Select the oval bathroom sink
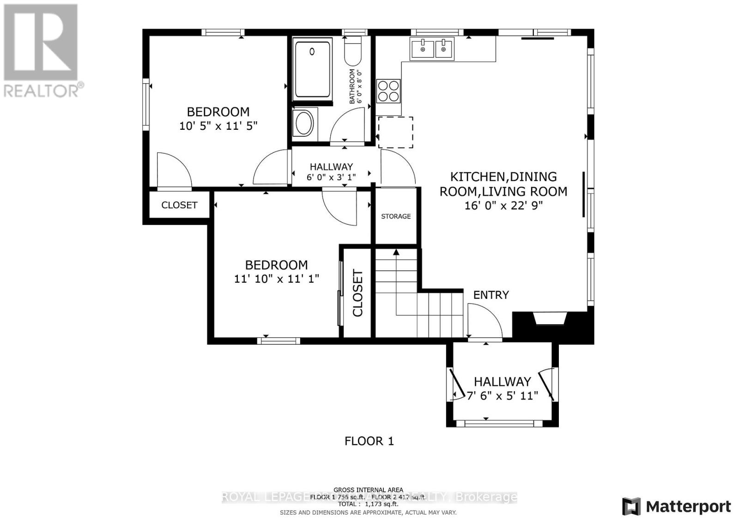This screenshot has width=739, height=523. tap(304, 123)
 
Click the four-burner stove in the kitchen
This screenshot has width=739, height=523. tap(388, 91)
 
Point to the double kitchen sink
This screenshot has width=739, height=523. tap(432, 49)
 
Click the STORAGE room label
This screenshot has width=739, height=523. tap(396, 216)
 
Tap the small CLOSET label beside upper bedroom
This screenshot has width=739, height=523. tap(179, 205)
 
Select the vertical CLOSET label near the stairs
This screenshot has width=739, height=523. tap(358, 293)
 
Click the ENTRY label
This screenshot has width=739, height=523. tap(491, 295)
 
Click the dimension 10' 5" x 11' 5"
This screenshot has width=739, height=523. tap(218, 126)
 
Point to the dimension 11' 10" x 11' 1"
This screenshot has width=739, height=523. tap(277, 279)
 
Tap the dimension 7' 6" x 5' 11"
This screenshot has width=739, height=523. tap(503, 396)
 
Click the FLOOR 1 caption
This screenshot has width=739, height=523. tap(369, 441)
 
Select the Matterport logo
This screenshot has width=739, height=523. tap(677, 506)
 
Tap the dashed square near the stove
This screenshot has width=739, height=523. tap(396, 133)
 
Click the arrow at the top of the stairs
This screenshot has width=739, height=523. tap(396, 252)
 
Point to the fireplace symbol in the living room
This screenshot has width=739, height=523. tap(551, 319)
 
